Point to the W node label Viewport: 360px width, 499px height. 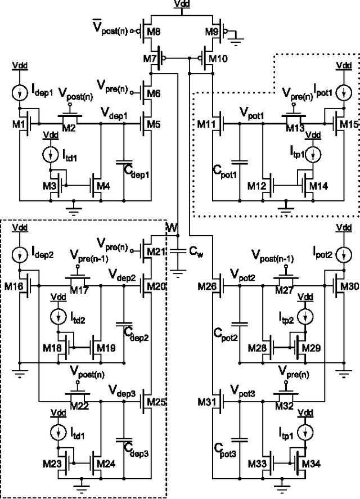coord(172,228)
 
